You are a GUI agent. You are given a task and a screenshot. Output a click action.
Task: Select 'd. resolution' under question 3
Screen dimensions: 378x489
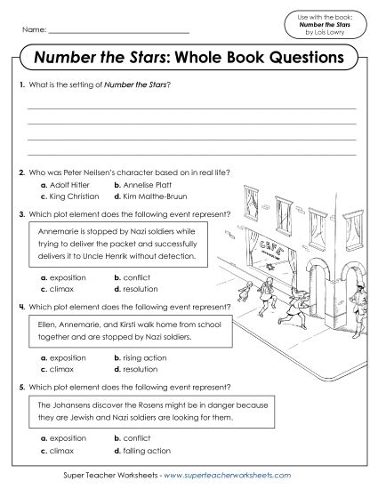point(136,289)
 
